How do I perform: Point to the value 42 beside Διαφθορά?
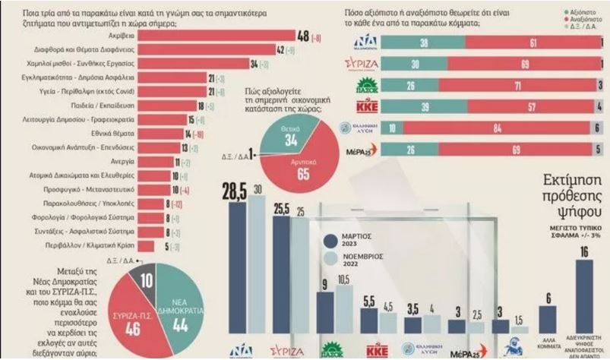pos(280,49)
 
